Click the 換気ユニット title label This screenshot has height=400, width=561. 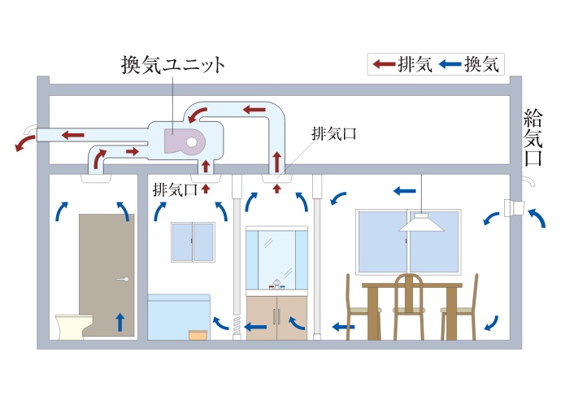pos(172,64)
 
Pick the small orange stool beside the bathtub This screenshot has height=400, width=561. pos(198,334)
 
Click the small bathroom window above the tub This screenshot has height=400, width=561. pos(193,241)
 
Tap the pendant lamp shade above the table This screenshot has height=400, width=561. pos(421,223)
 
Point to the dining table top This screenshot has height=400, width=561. pos(411,285)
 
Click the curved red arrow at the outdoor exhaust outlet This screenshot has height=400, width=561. pos(24,141)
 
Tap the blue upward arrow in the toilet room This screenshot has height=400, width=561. pos(120,322)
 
